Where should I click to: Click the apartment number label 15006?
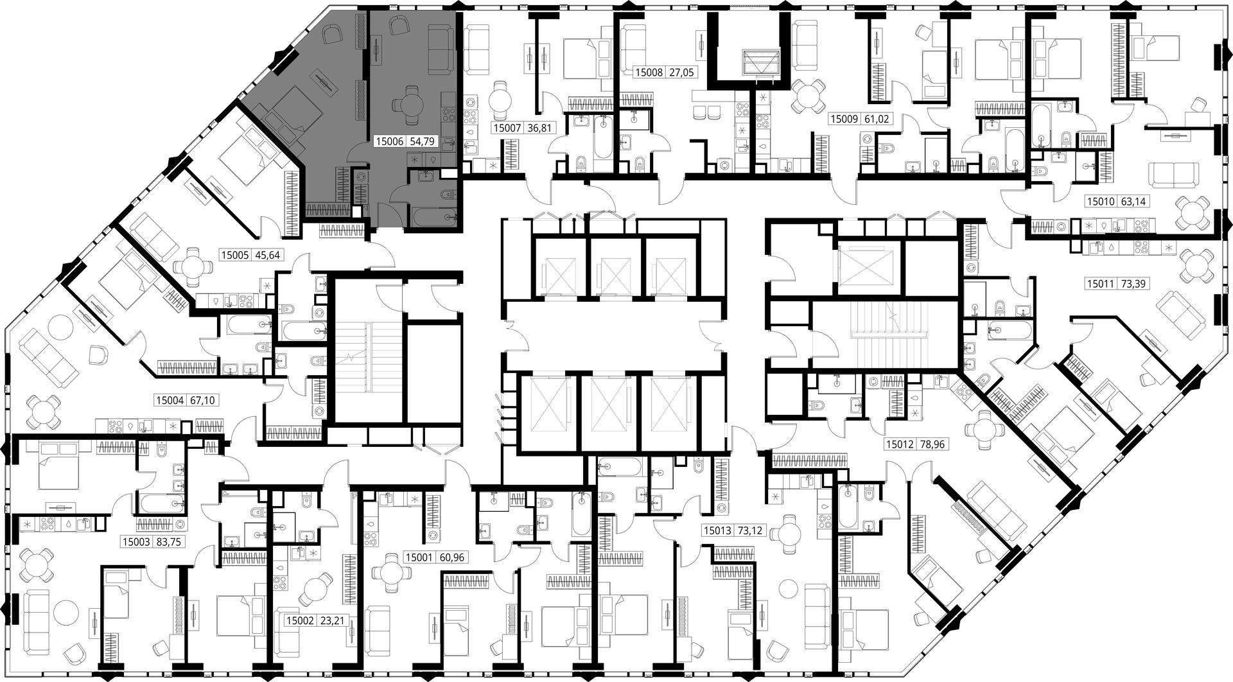click(x=389, y=141)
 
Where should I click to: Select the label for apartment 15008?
click(x=649, y=73)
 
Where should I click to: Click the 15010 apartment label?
click(x=1101, y=202)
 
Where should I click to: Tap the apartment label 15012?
click(x=900, y=444)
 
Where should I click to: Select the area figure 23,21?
click(x=331, y=621)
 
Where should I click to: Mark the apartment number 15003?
click(x=136, y=541)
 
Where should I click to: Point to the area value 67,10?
click(x=202, y=400)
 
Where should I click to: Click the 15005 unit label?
click(x=234, y=254)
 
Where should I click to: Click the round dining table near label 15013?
click(x=784, y=532)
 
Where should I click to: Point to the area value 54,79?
click(x=423, y=141)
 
